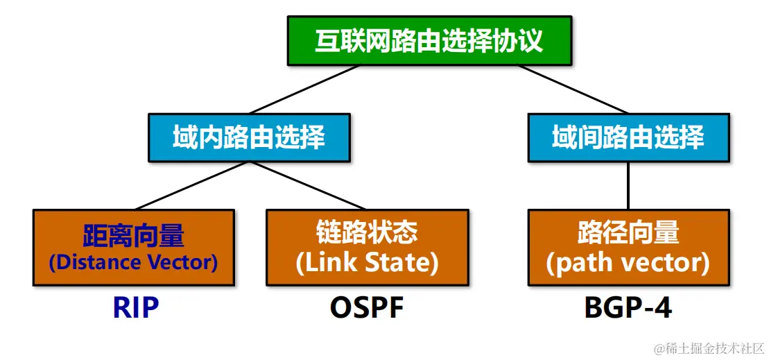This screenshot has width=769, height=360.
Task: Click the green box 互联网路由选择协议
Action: coord(429,41)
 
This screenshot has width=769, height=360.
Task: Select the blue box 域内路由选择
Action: coord(249,137)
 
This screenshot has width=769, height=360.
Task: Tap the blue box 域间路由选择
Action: coord(628,137)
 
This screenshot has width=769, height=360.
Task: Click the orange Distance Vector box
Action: coord(133,248)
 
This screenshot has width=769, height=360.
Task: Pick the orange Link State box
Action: coord(367,248)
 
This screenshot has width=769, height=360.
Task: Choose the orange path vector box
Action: coord(628,248)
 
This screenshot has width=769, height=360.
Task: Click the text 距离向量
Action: coord(133,236)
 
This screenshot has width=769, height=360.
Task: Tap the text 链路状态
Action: coord(367,234)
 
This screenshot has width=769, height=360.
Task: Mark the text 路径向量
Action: coord(628,234)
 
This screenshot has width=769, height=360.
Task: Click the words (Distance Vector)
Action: coord(133,263)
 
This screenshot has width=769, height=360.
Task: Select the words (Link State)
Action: coord(367,263)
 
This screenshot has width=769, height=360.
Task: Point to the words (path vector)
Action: coord(628,263)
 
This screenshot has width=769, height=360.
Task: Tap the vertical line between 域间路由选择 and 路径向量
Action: coord(628,185)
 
